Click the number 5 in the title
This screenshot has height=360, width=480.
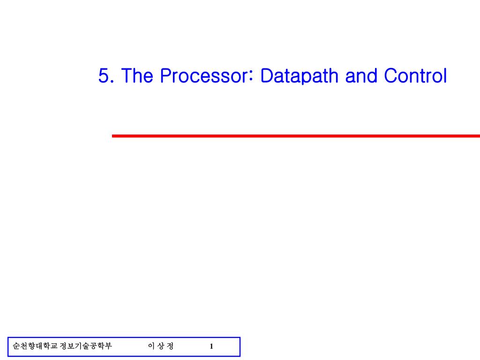pyautogui.click(x=104, y=76)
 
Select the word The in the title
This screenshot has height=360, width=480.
pyautogui.click(x=136, y=76)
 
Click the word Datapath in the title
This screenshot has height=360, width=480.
pyautogui.click(x=300, y=76)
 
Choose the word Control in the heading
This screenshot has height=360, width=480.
pyautogui.click(x=415, y=76)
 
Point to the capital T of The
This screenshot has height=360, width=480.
pyautogui.click(x=126, y=76)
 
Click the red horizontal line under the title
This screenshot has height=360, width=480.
pyautogui.click(x=295, y=136)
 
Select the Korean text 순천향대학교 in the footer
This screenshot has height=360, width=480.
pyautogui.click(x=35, y=346)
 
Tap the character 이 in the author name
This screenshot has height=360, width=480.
pyautogui.click(x=151, y=346)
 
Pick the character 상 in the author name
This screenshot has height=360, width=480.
pyautogui.click(x=161, y=346)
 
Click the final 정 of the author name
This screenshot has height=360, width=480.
pyautogui.click(x=170, y=346)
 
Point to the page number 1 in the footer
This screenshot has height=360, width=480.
pyautogui.click(x=211, y=346)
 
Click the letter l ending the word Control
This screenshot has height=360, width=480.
pyautogui.click(x=444, y=76)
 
